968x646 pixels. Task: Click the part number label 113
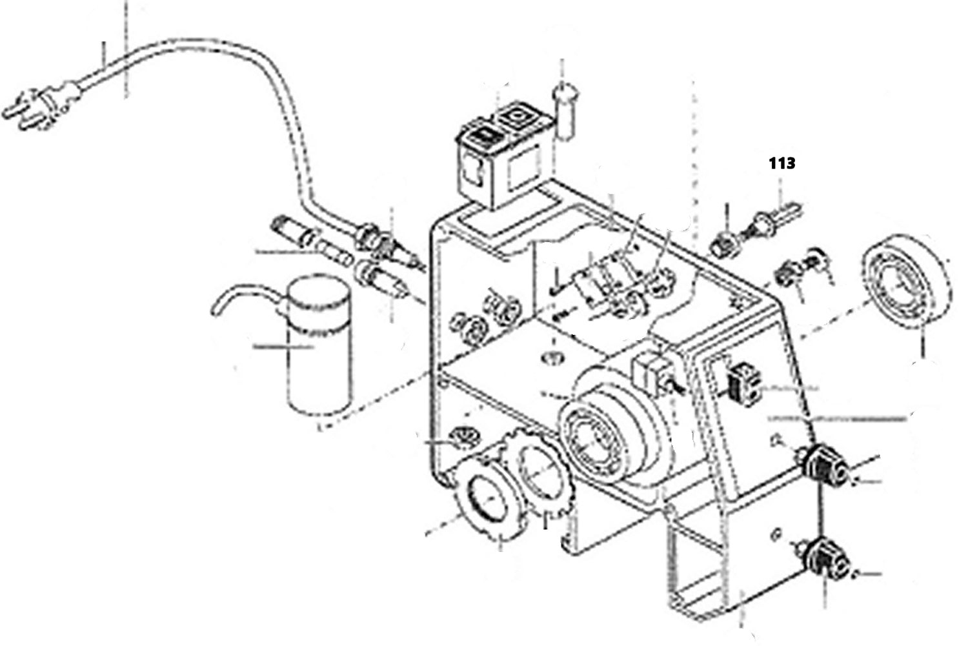point(781,163)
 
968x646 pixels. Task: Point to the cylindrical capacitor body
point(319,352)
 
